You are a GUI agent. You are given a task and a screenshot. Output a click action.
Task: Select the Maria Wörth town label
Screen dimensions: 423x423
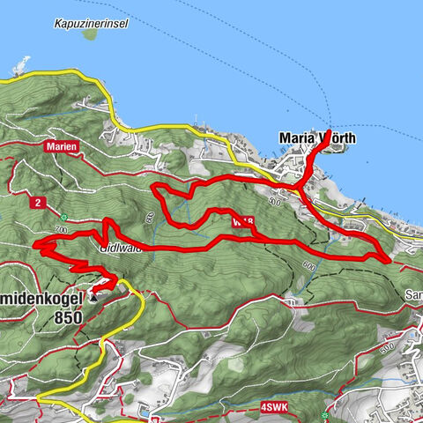pos(316,138)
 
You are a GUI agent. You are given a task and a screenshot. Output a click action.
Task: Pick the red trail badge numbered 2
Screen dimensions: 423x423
pos(36,203)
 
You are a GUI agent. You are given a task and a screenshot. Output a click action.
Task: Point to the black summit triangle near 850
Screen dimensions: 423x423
pos(94,298)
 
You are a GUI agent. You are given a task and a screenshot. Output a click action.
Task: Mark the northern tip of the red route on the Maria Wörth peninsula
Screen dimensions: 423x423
pos(329,132)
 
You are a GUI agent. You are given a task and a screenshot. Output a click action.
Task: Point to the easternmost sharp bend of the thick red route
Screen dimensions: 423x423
pos(389,259)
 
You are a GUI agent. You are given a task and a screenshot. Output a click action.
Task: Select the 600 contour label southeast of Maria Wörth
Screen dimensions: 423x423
pos(308,264)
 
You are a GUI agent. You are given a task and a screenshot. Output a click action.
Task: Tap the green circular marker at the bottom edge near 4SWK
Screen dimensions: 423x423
pos(325,415)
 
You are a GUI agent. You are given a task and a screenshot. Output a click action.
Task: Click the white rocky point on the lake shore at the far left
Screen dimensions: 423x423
pos(21,65)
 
